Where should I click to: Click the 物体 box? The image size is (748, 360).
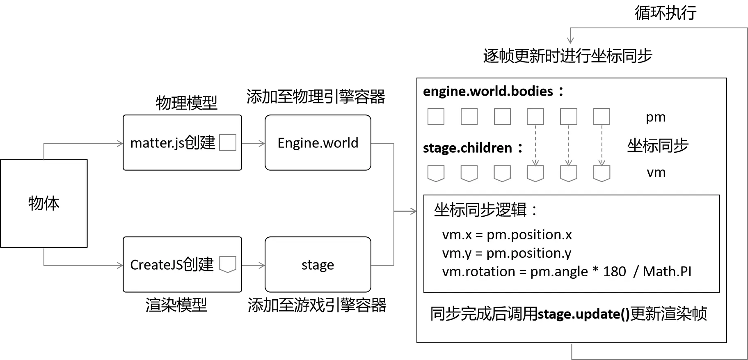[44, 203]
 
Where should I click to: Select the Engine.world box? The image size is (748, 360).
[318, 143]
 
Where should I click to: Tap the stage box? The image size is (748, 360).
[318, 265]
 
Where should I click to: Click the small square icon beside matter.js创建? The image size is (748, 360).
[228, 143]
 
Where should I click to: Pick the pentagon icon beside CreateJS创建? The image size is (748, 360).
[228, 264]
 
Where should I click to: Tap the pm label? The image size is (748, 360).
[655, 117]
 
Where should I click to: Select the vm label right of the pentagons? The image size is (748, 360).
[656, 172]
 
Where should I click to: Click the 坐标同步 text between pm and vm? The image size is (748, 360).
[657, 146]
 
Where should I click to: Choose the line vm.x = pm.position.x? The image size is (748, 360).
[507, 235]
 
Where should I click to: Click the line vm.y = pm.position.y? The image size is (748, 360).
[507, 253]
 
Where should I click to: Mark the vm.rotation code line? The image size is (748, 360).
[566, 272]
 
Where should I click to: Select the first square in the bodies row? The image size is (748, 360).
[436, 117]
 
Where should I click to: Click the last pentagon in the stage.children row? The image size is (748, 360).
[602, 173]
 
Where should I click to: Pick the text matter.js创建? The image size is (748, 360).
[172, 143]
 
